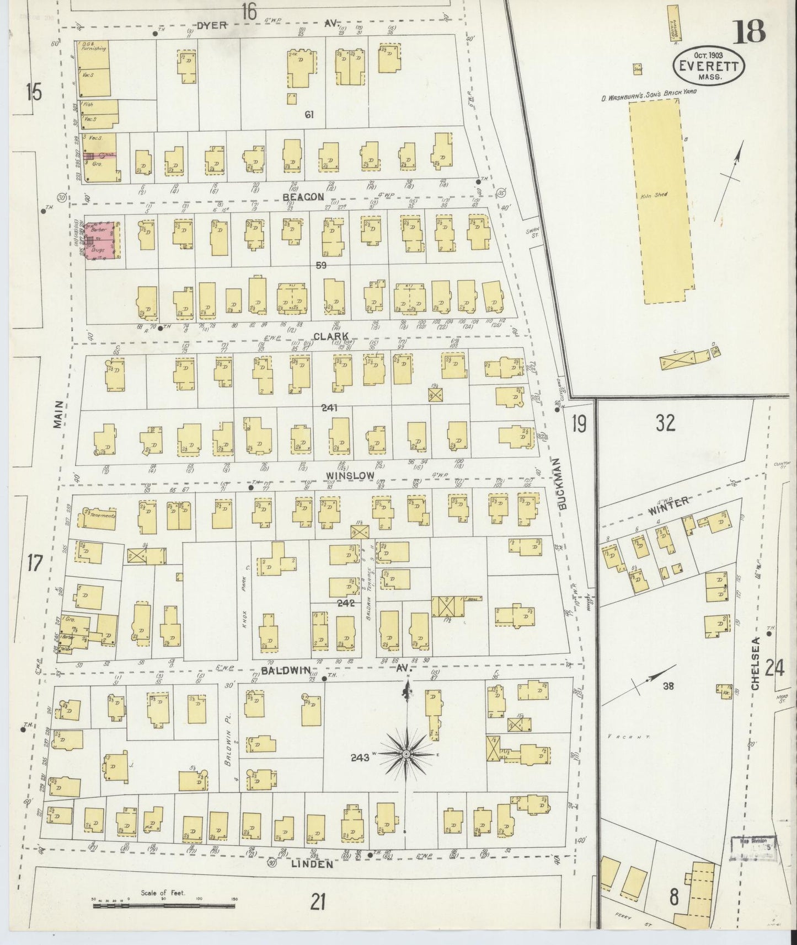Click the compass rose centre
406,753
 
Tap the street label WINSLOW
350,475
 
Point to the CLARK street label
331,336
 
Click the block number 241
331,408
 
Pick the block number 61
309,115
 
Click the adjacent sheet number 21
317,902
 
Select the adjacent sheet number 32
666,423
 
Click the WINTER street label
668,503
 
